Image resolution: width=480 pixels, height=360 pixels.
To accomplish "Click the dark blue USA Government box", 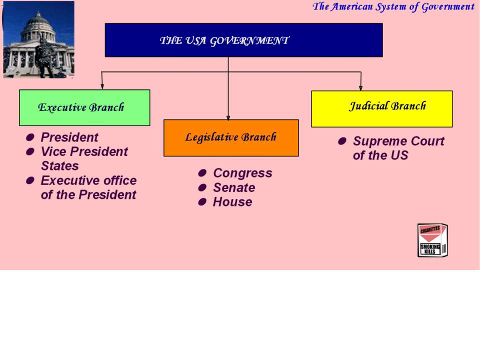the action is click(x=243, y=40).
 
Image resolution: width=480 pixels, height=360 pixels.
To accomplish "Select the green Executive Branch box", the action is click(x=84, y=107).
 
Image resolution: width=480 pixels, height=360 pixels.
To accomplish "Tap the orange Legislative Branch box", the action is click(x=231, y=138).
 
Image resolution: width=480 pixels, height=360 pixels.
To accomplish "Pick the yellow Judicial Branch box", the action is click(x=381, y=108).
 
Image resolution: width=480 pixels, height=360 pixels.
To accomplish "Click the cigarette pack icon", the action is click(x=432, y=240).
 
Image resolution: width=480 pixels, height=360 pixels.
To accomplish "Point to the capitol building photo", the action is click(x=38, y=39).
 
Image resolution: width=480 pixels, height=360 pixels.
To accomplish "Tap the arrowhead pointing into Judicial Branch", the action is click(x=360, y=87).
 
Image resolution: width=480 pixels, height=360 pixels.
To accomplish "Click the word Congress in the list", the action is click(x=243, y=173).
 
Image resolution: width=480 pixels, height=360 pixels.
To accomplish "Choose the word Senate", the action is click(x=234, y=187).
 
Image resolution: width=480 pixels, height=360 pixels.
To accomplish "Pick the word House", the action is click(x=232, y=201).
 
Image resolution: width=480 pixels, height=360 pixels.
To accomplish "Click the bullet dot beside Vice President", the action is click(x=30, y=151).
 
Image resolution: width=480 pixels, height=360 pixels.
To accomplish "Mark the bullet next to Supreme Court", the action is click(x=342, y=141).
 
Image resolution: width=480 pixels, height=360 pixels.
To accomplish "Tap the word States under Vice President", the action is click(x=60, y=166).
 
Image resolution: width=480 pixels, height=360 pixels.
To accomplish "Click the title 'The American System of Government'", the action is click(x=393, y=6).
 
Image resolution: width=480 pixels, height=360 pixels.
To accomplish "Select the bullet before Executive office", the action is click(x=30, y=180).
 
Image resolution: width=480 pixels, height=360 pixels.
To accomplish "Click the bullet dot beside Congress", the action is click(x=202, y=173).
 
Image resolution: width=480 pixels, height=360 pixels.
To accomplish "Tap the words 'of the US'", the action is click(x=380, y=155).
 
